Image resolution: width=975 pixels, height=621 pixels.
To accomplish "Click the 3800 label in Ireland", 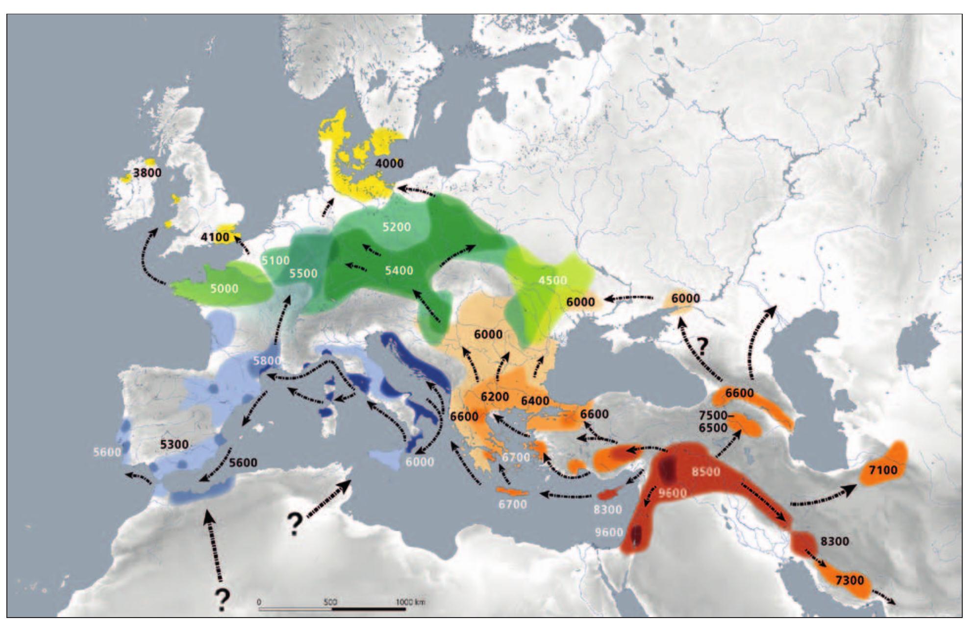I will click(x=147, y=173).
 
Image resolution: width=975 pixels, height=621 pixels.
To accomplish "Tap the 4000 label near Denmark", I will click(x=389, y=163).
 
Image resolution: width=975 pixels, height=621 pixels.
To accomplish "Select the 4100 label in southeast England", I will click(x=215, y=237).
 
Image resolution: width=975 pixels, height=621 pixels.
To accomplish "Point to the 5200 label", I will click(x=397, y=227).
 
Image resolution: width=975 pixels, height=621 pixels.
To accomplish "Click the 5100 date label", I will click(x=275, y=260).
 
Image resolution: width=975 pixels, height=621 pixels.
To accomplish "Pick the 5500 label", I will click(x=303, y=273).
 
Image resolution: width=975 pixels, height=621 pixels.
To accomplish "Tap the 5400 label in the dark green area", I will click(x=399, y=270).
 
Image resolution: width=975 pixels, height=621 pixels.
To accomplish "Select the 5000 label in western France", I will click(x=224, y=288).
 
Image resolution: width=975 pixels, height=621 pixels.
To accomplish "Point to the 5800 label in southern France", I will click(x=267, y=361).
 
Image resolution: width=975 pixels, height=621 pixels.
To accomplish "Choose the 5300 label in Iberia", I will click(x=175, y=444).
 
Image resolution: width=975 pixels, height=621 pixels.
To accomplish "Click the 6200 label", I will click(x=495, y=397).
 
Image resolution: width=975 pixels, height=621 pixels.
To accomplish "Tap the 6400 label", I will click(x=535, y=401).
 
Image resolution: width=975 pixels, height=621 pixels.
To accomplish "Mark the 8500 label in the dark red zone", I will click(x=705, y=472).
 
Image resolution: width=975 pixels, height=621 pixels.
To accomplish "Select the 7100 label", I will click(x=883, y=470).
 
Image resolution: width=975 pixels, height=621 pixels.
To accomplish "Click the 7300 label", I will click(x=850, y=580).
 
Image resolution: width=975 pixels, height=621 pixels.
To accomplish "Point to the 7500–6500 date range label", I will click(x=713, y=422).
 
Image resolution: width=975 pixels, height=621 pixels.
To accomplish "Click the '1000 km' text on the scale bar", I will click(x=410, y=602).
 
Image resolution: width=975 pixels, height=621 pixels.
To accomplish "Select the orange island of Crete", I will click(x=513, y=492).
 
